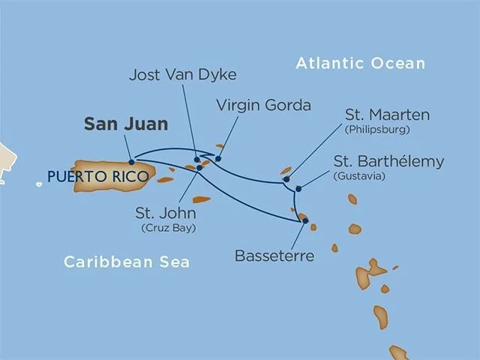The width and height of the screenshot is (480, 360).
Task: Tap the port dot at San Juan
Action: pyautogui.click(x=131, y=161)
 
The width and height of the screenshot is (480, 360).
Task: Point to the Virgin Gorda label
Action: pyautogui.click(x=262, y=105)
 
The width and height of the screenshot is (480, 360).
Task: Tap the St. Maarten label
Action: pyautogui.click(x=387, y=115)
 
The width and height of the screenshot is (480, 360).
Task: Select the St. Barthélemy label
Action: pyautogui.click(x=399, y=161)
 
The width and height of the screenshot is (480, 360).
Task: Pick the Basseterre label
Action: pyautogui.click(x=274, y=256)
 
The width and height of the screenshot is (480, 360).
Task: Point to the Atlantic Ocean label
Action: pyautogui.click(x=360, y=63)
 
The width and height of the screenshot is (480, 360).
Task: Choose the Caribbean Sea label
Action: pyautogui.click(x=126, y=262)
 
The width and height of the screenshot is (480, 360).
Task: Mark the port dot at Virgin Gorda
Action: pyautogui.click(x=218, y=158)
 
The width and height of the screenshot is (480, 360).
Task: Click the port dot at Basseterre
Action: pyautogui.click(x=304, y=220)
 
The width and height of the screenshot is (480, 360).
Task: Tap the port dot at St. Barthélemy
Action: pyautogui.click(x=298, y=188)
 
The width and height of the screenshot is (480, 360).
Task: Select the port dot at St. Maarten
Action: pyautogui.click(x=286, y=179)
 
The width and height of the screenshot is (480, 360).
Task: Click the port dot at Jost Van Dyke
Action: pyautogui.click(x=197, y=159)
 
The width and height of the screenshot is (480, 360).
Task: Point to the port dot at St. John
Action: pyautogui.click(x=199, y=168)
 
